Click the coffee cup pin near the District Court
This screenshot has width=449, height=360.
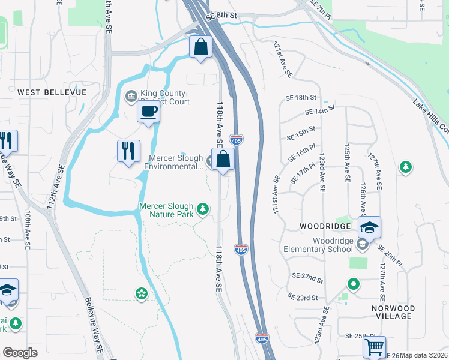[x=148, y=111]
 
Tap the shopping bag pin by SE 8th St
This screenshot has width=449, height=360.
[x=201, y=47]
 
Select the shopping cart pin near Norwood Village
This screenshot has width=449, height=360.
[x=374, y=347]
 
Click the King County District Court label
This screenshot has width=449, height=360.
[x=164, y=97]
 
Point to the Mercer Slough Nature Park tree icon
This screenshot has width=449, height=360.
[x=204, y=209]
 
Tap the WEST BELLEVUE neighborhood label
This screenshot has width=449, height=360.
[x=52, y=92]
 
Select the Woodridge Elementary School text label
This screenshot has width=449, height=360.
[x=328, y=245]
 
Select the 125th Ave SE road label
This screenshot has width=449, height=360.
[x=347, y=163]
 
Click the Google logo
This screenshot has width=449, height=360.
[x=20, y=353]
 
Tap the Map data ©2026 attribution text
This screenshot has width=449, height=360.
[x=424, y=355]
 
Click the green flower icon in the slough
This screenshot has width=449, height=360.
[x=142, y=293]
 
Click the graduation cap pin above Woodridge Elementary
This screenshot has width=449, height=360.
[x=370, y=227]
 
